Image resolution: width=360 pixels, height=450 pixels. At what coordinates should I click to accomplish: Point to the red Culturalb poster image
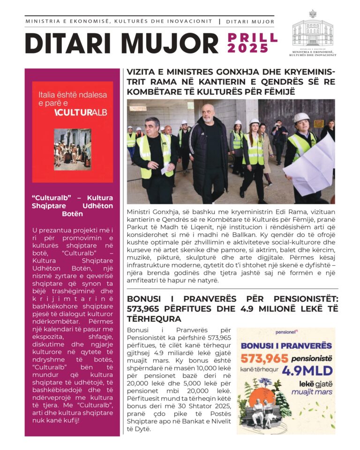pos(72,132)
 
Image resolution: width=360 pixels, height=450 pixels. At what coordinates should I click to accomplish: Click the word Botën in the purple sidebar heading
pos(72,214)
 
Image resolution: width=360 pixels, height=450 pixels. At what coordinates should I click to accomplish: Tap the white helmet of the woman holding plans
pos(301,117)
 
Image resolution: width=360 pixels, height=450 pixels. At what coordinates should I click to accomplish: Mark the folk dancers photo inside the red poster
pos(72,150)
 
